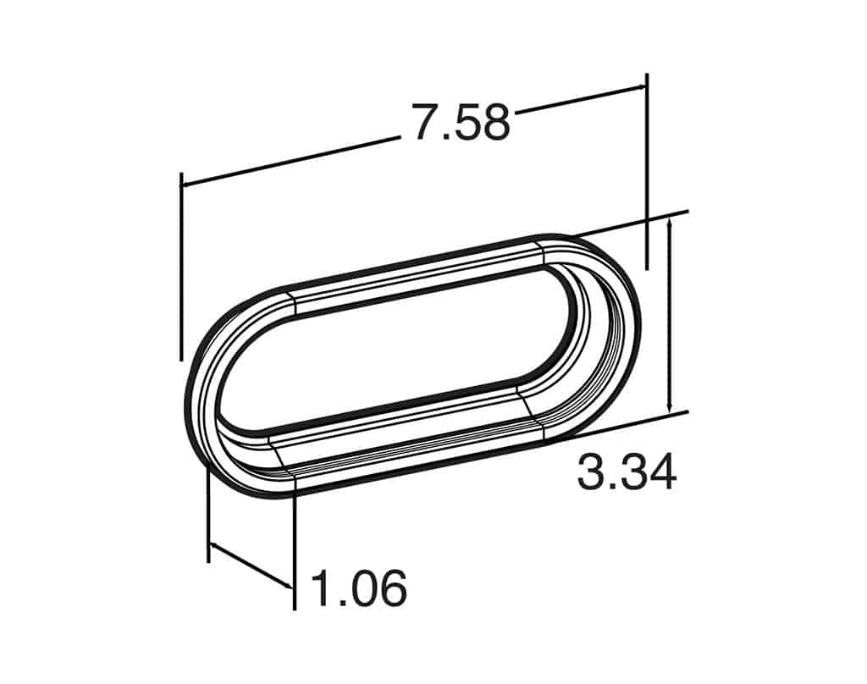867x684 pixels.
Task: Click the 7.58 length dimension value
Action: (x=461, y=122)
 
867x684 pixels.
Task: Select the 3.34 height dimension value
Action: (x=627, y=472)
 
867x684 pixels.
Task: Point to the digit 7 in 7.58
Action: (x=425, y=124)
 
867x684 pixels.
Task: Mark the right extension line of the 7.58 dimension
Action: (x=647, y=169)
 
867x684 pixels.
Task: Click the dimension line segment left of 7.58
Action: (x=288, y=161)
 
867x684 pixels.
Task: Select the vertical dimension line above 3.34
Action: (x=670, y=313)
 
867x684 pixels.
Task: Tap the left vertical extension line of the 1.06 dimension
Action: (x=208, y=516)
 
